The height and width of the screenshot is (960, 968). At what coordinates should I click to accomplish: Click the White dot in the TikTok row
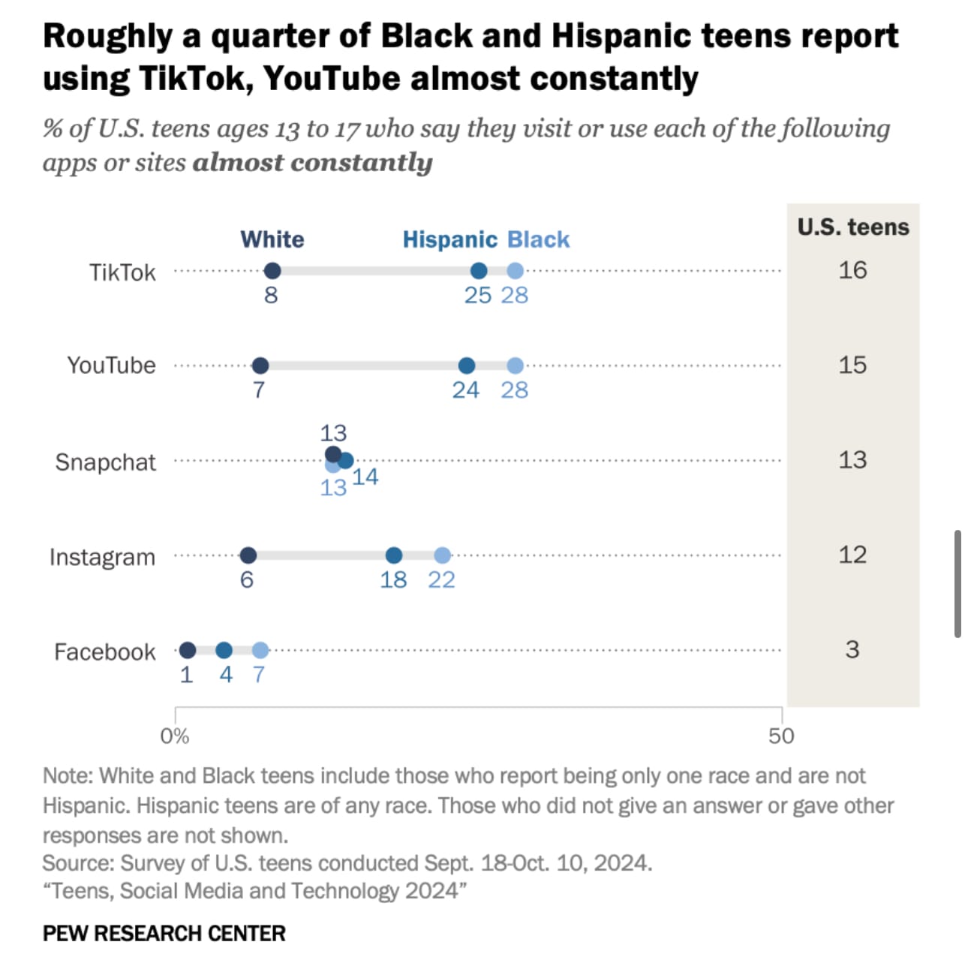tap(272, 271)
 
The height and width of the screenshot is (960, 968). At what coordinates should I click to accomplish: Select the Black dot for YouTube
tap(515, 366)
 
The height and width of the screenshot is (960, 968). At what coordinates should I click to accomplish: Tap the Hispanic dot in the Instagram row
tap(394, 555)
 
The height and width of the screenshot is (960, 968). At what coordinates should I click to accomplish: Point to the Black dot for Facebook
tap(260, 650)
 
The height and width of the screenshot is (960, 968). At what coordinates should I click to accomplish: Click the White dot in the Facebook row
tap(188, 650)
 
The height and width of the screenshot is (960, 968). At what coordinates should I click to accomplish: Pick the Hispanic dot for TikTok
tap(478, 271)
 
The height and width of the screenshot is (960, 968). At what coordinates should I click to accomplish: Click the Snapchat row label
tap(105, 462)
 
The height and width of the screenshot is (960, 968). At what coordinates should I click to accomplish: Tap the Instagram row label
tap(102, 557)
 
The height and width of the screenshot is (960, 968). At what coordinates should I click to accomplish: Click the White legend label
tap(272, 239)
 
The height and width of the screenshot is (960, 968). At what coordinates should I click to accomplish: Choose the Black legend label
tap(539, 239)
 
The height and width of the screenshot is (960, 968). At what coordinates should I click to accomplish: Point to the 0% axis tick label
tap(174, 736)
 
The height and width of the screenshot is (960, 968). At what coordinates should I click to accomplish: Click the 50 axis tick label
tap(781, 736)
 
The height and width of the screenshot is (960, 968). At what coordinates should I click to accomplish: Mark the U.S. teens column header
tap(853, 227)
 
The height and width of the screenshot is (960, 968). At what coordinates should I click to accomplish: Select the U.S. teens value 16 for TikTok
tap(852, 270)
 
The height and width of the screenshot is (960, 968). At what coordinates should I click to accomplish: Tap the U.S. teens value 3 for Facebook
tap(852, 649)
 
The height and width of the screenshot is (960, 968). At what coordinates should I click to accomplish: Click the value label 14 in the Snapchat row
tap(365, 477)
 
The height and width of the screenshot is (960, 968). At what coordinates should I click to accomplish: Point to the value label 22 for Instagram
tap(441, 579)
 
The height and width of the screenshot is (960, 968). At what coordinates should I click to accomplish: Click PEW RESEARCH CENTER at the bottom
tap(164, 933)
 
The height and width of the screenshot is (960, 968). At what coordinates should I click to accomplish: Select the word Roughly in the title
tap(107, 36)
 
